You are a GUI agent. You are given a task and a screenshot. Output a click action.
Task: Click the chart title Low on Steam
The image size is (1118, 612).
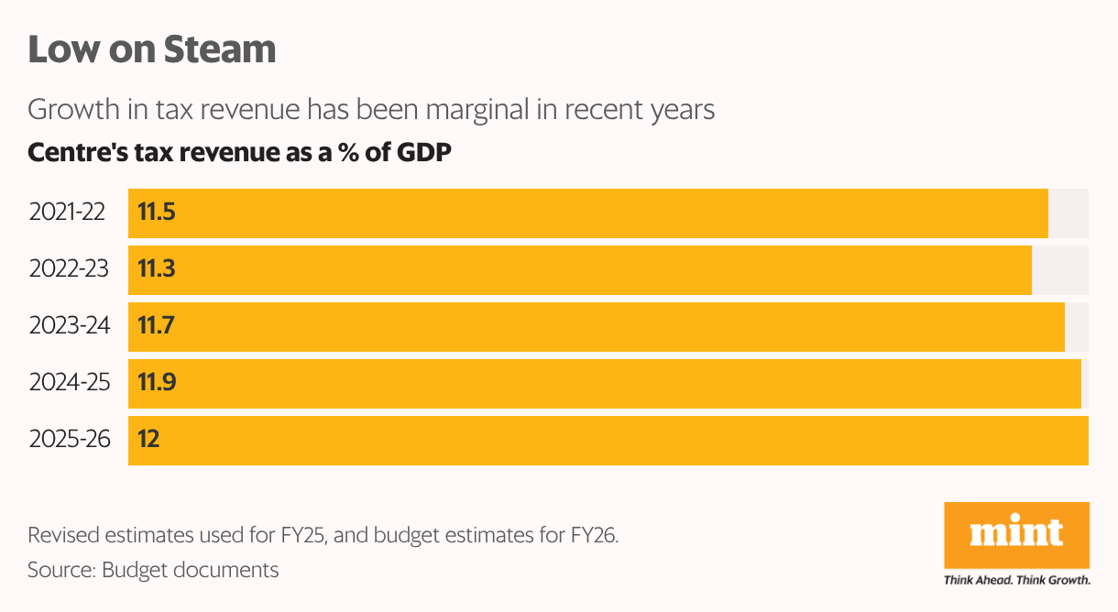[x=152, y=49]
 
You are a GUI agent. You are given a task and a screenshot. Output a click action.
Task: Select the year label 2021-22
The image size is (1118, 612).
[x=67, y=213]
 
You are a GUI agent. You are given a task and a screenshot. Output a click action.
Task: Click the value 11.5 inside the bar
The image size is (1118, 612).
[x=156, y=213]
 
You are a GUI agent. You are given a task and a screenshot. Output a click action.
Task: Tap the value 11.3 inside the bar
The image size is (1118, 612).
[x=156, y=269]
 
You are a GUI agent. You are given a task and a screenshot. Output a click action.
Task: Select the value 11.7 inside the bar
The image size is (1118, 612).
[x=156, y=325]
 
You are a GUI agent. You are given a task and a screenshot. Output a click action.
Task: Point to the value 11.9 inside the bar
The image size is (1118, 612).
[x=156, y=382]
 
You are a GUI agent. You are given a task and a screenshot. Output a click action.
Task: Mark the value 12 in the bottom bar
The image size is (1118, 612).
[x=148, y=439]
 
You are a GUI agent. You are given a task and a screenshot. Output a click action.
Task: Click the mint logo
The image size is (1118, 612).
[x=1016, y=534]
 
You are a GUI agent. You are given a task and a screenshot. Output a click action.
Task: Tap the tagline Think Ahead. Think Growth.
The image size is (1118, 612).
[x=1016, y=580]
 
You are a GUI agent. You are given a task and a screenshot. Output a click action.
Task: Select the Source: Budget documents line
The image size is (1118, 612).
[x=153, y=570]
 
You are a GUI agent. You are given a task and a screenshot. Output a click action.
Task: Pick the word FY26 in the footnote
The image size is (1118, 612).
[x=595, y=535]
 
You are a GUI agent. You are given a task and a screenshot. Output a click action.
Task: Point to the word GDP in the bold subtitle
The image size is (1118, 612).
[x=424, y=153]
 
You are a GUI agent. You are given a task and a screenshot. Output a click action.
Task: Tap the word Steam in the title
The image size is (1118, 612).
[x=220, y=49]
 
